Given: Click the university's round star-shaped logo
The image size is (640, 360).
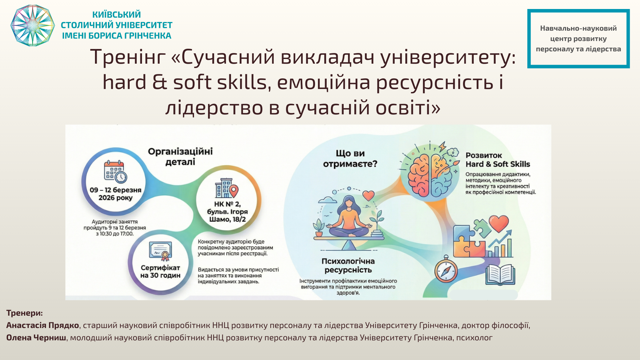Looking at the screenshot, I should (32, 25).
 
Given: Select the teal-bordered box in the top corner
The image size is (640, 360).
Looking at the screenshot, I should (578, 39).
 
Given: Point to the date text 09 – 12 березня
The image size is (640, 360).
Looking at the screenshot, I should (115, 190).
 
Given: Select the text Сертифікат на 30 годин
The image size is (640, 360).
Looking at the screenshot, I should (160, 272).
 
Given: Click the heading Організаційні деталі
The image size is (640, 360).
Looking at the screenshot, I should (180, 157).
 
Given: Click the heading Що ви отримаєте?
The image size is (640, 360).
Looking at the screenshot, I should (350, 159).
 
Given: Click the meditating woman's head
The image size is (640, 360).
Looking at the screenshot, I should (349, 202).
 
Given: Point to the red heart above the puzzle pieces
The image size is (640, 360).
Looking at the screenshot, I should (499, 223).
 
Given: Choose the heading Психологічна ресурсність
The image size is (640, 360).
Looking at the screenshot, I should (348, 266).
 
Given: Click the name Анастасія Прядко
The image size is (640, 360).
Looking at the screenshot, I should (43, 325).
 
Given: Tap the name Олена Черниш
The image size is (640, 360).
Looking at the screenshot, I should (36, 338).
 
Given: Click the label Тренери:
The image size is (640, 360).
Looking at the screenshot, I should (25, 313).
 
